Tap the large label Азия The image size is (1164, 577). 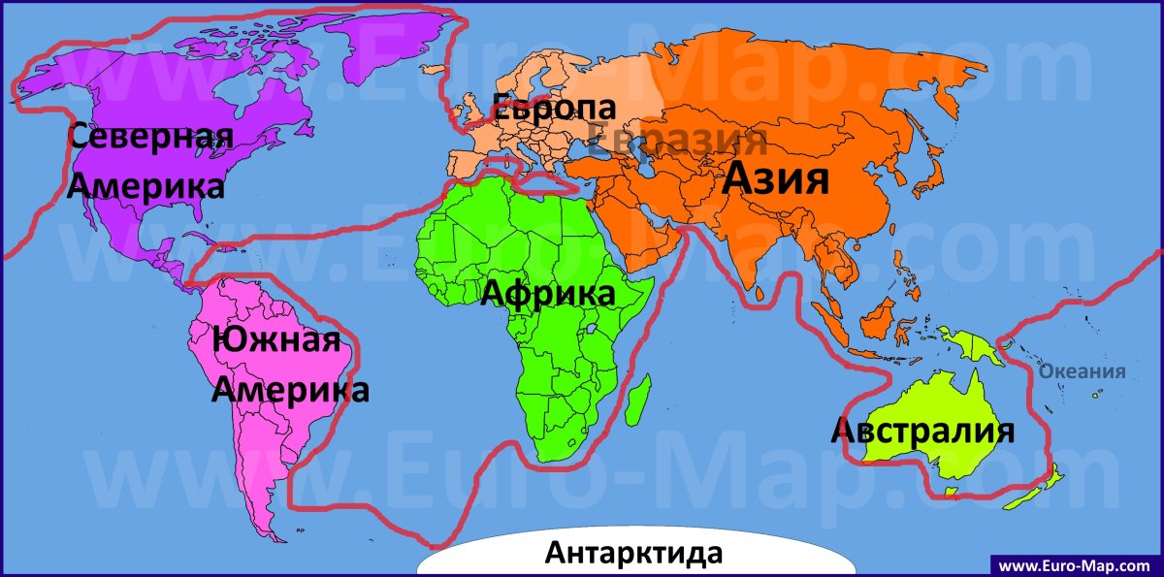coord(777,179)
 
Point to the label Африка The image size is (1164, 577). coord(549,292)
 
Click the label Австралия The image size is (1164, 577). coord(922,431)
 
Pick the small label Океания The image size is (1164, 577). coord(1082,370)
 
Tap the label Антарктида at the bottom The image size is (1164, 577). coord(634,554)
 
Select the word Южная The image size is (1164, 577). coord(276,341)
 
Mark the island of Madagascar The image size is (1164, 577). coord(636,403)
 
